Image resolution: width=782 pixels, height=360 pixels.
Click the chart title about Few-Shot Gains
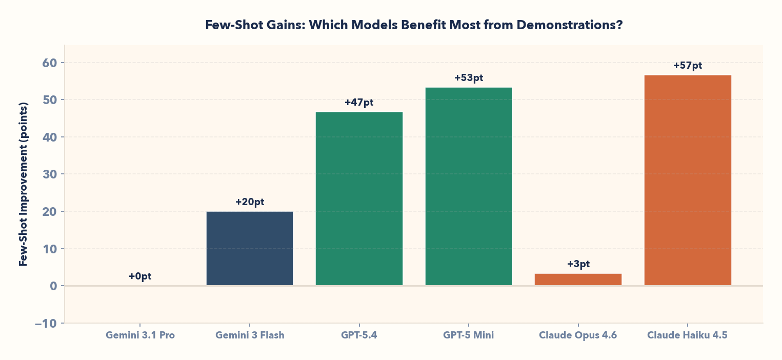pyautogui.click(x=413, y=25)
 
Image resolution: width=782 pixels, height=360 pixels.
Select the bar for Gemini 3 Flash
pyautogui.click(x=249, y=249)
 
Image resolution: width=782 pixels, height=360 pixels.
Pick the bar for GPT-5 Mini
pyautogui.click(x=468, y=187)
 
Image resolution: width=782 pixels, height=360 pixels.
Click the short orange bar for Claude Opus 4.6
pyautogui.click(x=578, y=279)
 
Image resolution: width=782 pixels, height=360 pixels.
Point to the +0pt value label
pyautogui.click(x=140, y=276)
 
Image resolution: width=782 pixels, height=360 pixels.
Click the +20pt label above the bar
pyautogui.click(x=250, y=202)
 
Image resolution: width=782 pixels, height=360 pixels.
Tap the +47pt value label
pyautogui.click(x=359, y=103)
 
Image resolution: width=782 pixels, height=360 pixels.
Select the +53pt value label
pyautogui.click(x=469, y=78)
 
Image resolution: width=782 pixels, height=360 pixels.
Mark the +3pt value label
pyautogui.click(x=578, y=264)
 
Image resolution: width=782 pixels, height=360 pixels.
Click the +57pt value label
pyautogui.click(x=687, y=66)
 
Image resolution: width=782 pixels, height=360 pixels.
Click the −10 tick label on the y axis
pyautogui.click(x=46, y=324)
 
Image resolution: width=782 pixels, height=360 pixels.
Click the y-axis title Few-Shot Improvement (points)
pyautogui.click(x=23, y=184)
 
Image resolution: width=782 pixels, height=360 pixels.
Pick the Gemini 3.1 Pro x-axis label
pyautogui.click(x=140, y=336)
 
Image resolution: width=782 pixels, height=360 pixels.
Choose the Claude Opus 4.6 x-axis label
pyautogui.click(x=578, y=336)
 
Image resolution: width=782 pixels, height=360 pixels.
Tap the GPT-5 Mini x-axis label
pyautogui.click(x=468, y=336)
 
